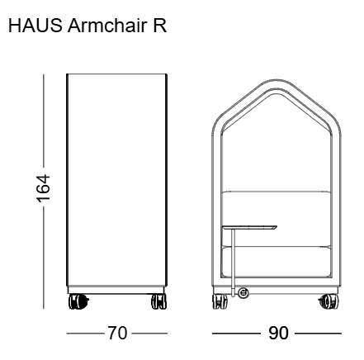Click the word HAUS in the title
(x=35, y=26)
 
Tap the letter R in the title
(x=159, y=26)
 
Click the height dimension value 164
(x=44, y=188)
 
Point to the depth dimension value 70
(x=117, y=333)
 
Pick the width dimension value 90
(x=278, y=333)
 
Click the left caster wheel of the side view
(x=78, y=301)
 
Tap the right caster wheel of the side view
(x=158, y=301)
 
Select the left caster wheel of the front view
(x=220, y=301)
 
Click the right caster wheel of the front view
(x=329, y=301)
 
